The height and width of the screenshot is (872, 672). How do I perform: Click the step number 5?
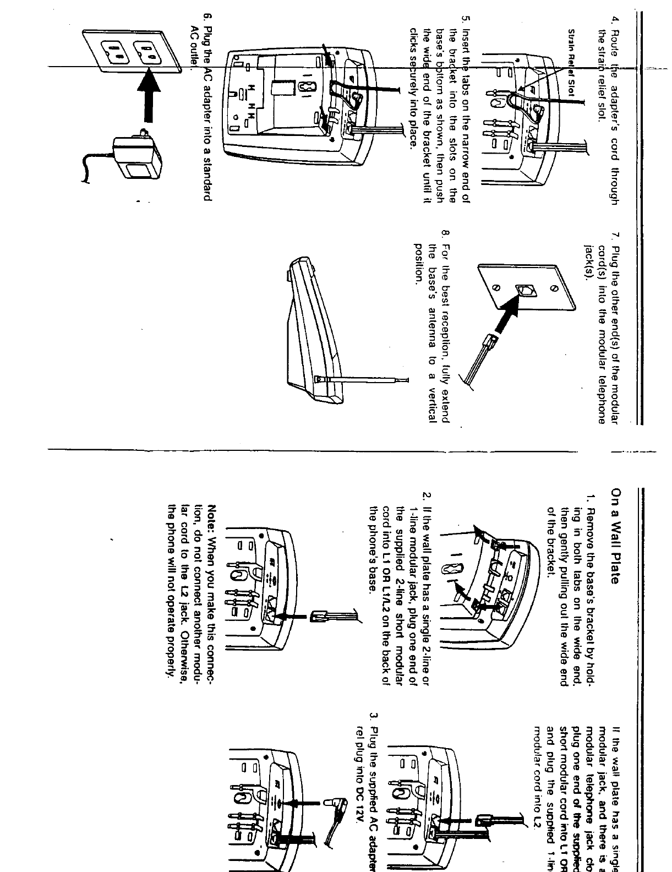[x=465, y=21]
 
